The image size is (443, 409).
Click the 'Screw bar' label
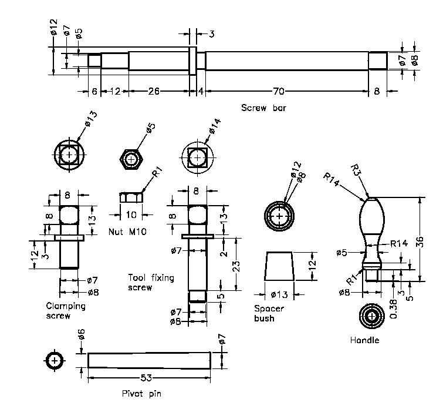pos(263,108)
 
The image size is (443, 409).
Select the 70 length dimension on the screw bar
pos(278,91)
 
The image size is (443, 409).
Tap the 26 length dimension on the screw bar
pos(153,91)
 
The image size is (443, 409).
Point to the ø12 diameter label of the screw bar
pos(54,27)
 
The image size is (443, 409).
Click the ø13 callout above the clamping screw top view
pos(90,119)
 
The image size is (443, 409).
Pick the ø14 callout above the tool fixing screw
pos(215,126)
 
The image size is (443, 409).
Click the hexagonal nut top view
pos(131,159)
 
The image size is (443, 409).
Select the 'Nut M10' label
pos(128,232)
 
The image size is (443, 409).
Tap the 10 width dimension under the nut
pos(131,215)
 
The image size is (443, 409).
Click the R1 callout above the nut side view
pos(158,172)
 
